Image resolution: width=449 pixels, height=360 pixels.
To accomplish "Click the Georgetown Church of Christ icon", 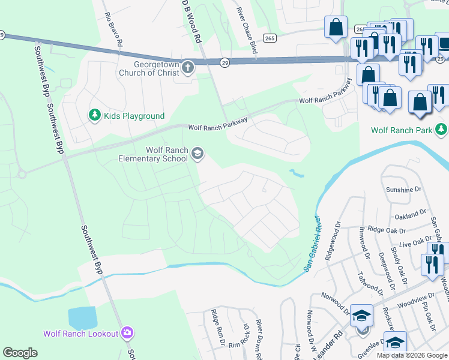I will [188, 67].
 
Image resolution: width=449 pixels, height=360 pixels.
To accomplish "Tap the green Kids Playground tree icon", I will [94, 115].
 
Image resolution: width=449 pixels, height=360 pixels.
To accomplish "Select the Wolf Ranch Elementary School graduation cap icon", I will [196, 154].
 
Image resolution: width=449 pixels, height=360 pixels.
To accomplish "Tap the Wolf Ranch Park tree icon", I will [441, 130].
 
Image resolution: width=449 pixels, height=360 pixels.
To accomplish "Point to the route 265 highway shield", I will [270, 38].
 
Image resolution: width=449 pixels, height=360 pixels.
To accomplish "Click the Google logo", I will [20, 353].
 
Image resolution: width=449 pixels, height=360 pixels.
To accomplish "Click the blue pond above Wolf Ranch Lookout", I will [82, 317].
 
